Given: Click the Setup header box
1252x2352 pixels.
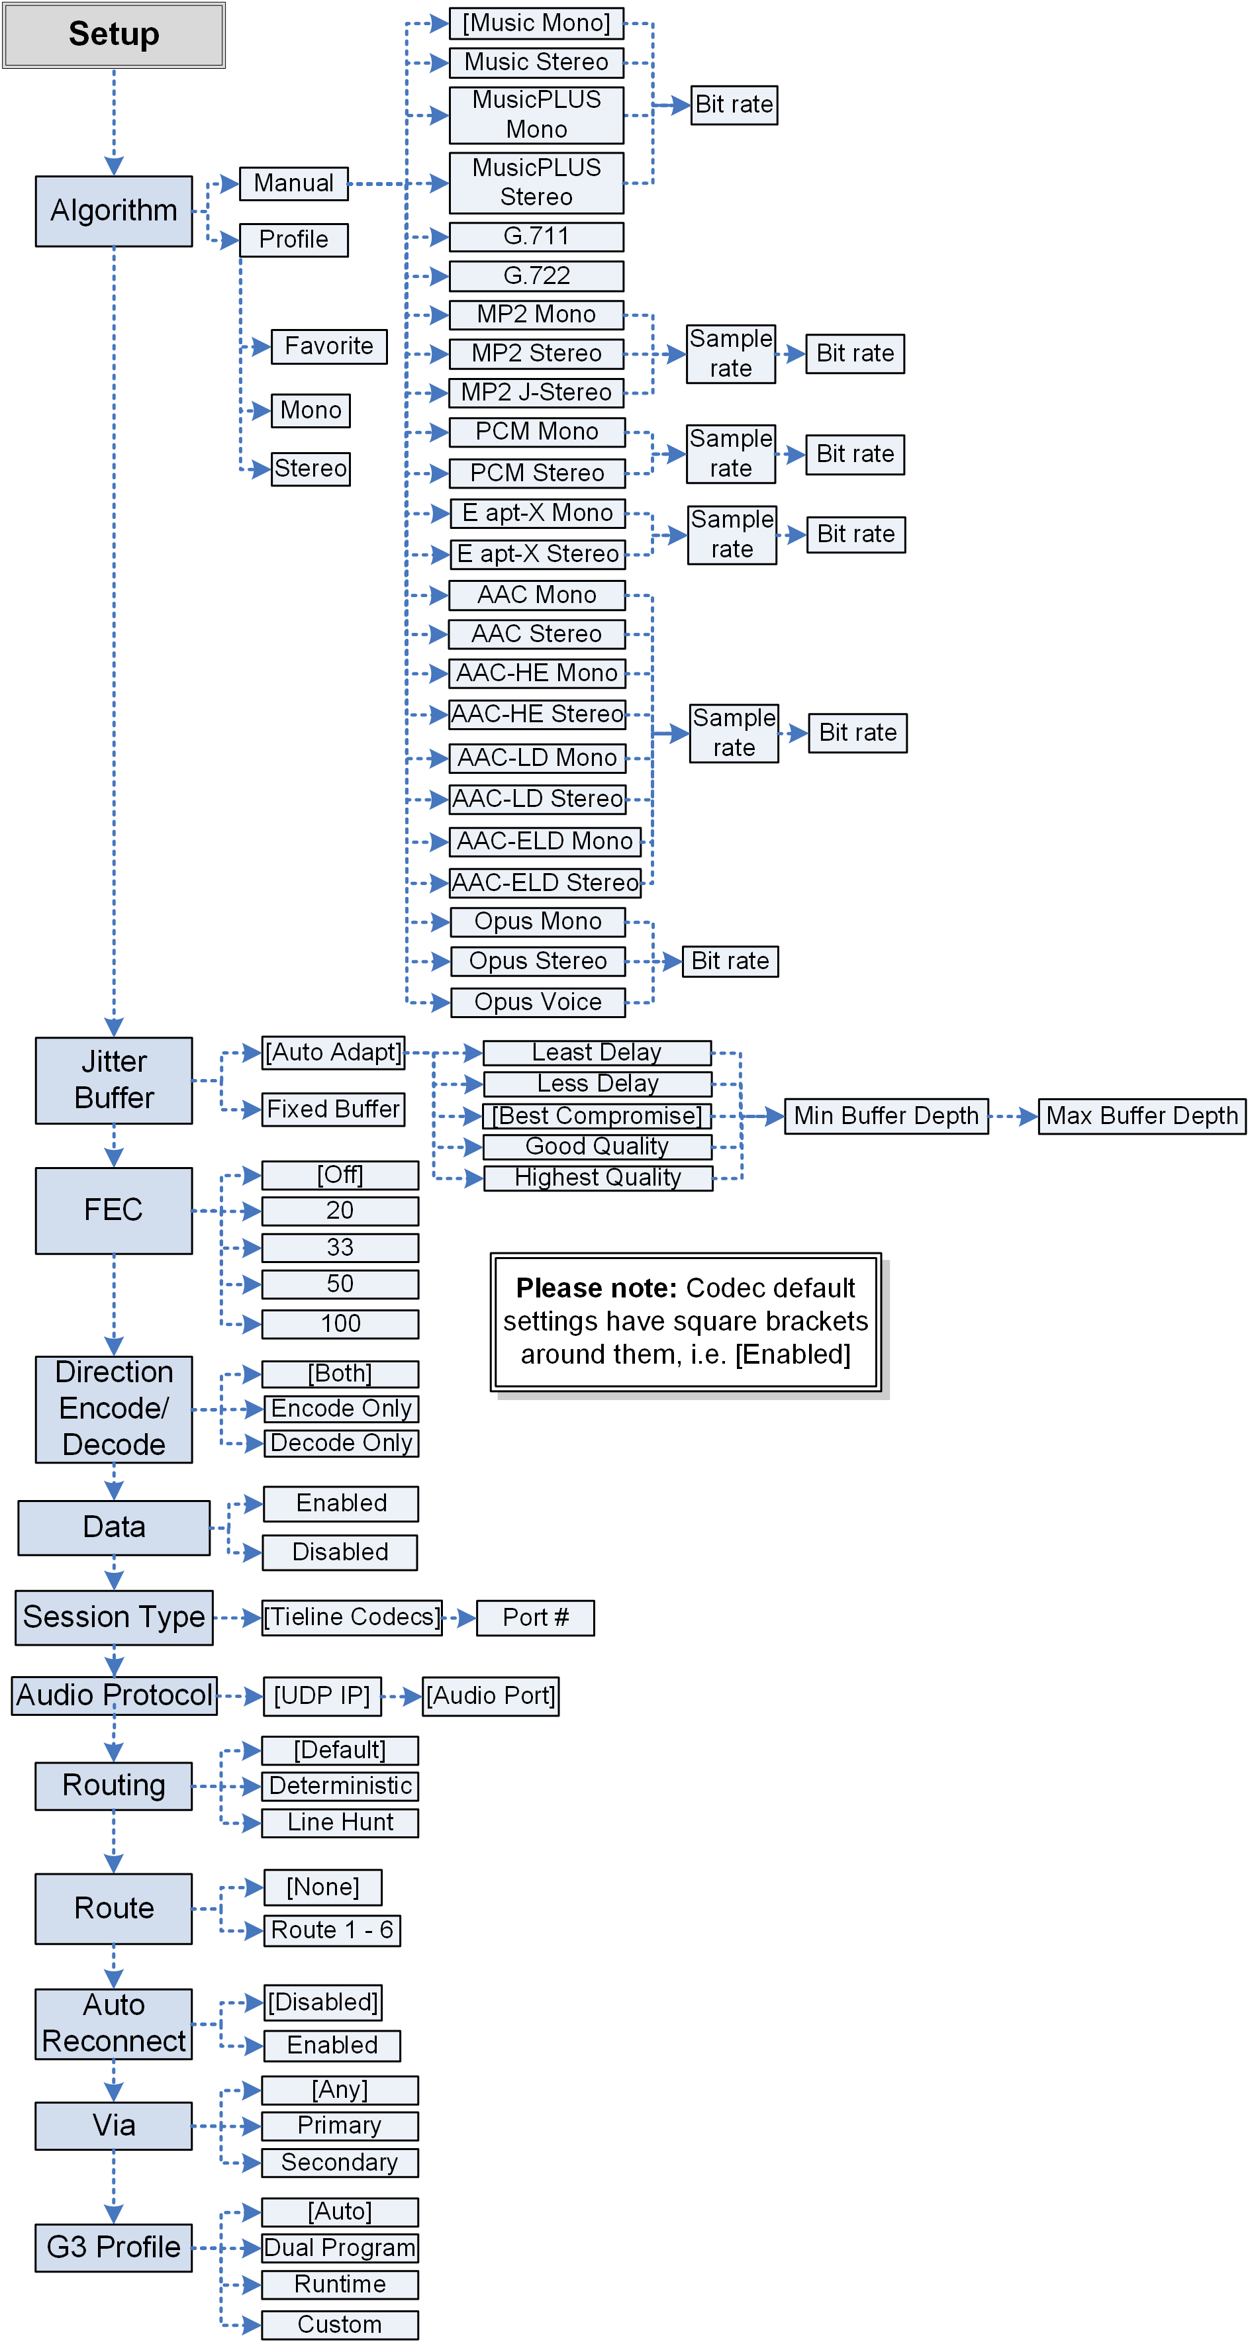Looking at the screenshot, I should pyautogui.click(x=113, y=34).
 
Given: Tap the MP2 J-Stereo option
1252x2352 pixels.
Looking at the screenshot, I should pyautogui.click(x=536, y=392).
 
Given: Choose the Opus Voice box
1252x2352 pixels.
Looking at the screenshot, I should pyautogui.click(x=537, y=1002).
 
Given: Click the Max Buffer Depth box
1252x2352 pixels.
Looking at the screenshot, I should pyautogui.click(x=1141, y=1115).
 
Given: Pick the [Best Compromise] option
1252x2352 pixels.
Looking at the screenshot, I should pyautogui.click(x=597, y=1115).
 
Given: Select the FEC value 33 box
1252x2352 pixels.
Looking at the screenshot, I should pyautogui.click(x=340, y=1247).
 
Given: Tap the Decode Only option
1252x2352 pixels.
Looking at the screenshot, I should pyautogui.click(x=340, y=1442).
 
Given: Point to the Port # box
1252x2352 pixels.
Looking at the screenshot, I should pyautogui.click(x=535, y=1617).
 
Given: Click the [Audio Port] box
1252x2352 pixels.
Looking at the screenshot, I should pyautogui.click(x=491, y=1695).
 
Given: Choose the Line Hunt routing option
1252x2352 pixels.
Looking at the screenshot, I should pyautogui.click(x=340, y=1822).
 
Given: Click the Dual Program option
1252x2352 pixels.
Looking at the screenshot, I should pyautogui.click(x=340, y=2247).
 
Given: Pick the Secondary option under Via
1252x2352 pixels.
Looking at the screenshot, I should pyautogui.click(x=340, y=2162).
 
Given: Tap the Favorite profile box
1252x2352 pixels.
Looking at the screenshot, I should pyautogui.click(x=329, y=346).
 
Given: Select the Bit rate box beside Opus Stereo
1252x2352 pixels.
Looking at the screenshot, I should pyautogui.click(x=730, y=961).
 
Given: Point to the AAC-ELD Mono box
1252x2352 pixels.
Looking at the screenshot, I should pyautogui.click(x=544, y=841).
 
